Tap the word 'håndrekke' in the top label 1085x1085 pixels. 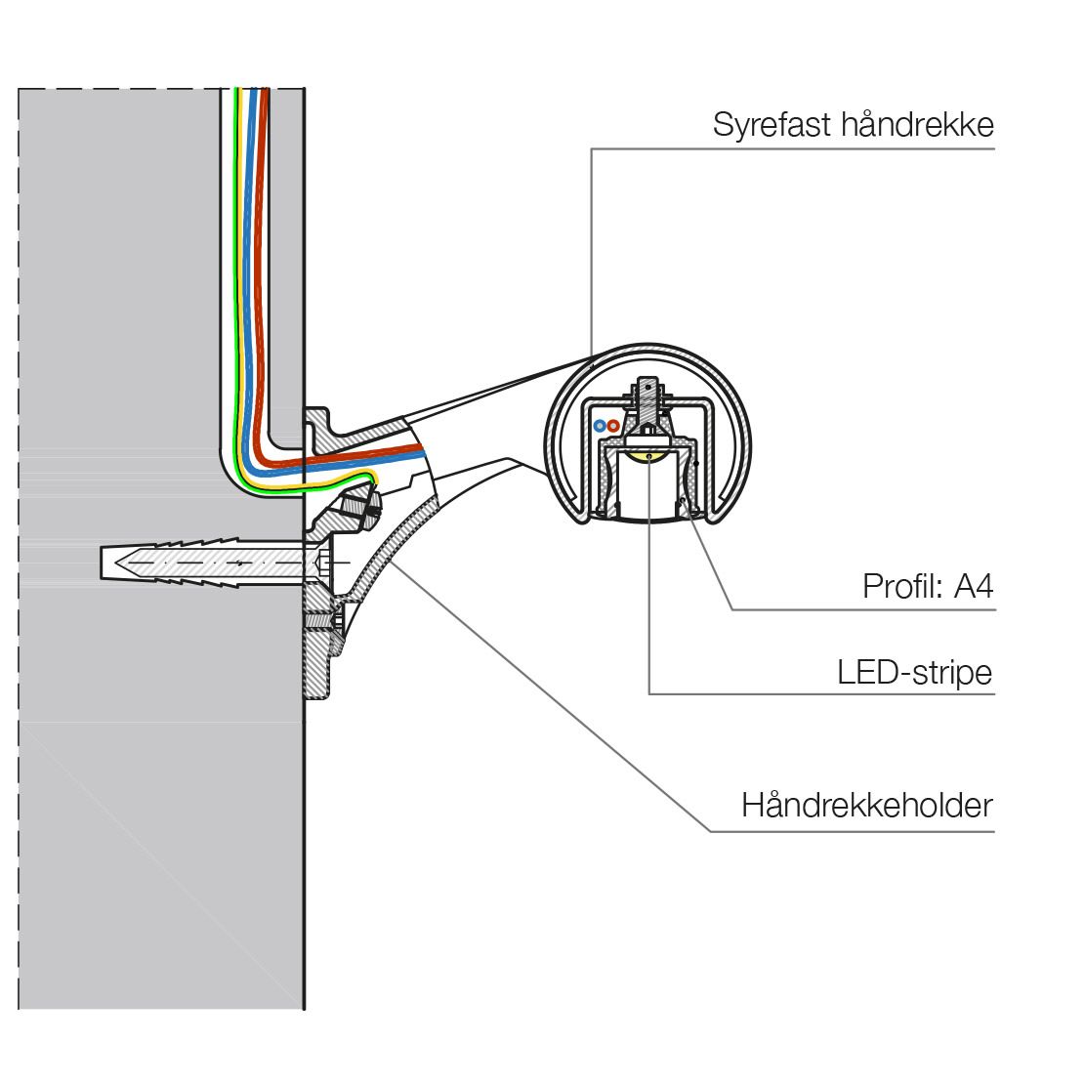[918, 125]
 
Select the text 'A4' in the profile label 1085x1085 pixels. [974, 587]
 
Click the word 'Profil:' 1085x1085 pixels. [902, 587]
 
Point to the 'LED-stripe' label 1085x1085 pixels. [915, 673]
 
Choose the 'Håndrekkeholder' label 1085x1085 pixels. [867, 806]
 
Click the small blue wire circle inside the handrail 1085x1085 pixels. [600, 426]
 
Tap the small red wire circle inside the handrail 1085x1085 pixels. [613, 426]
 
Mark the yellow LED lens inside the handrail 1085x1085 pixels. [648, 455]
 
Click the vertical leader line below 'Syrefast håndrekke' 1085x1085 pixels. [592, 252]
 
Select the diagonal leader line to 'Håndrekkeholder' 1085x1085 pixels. [550, 696]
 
